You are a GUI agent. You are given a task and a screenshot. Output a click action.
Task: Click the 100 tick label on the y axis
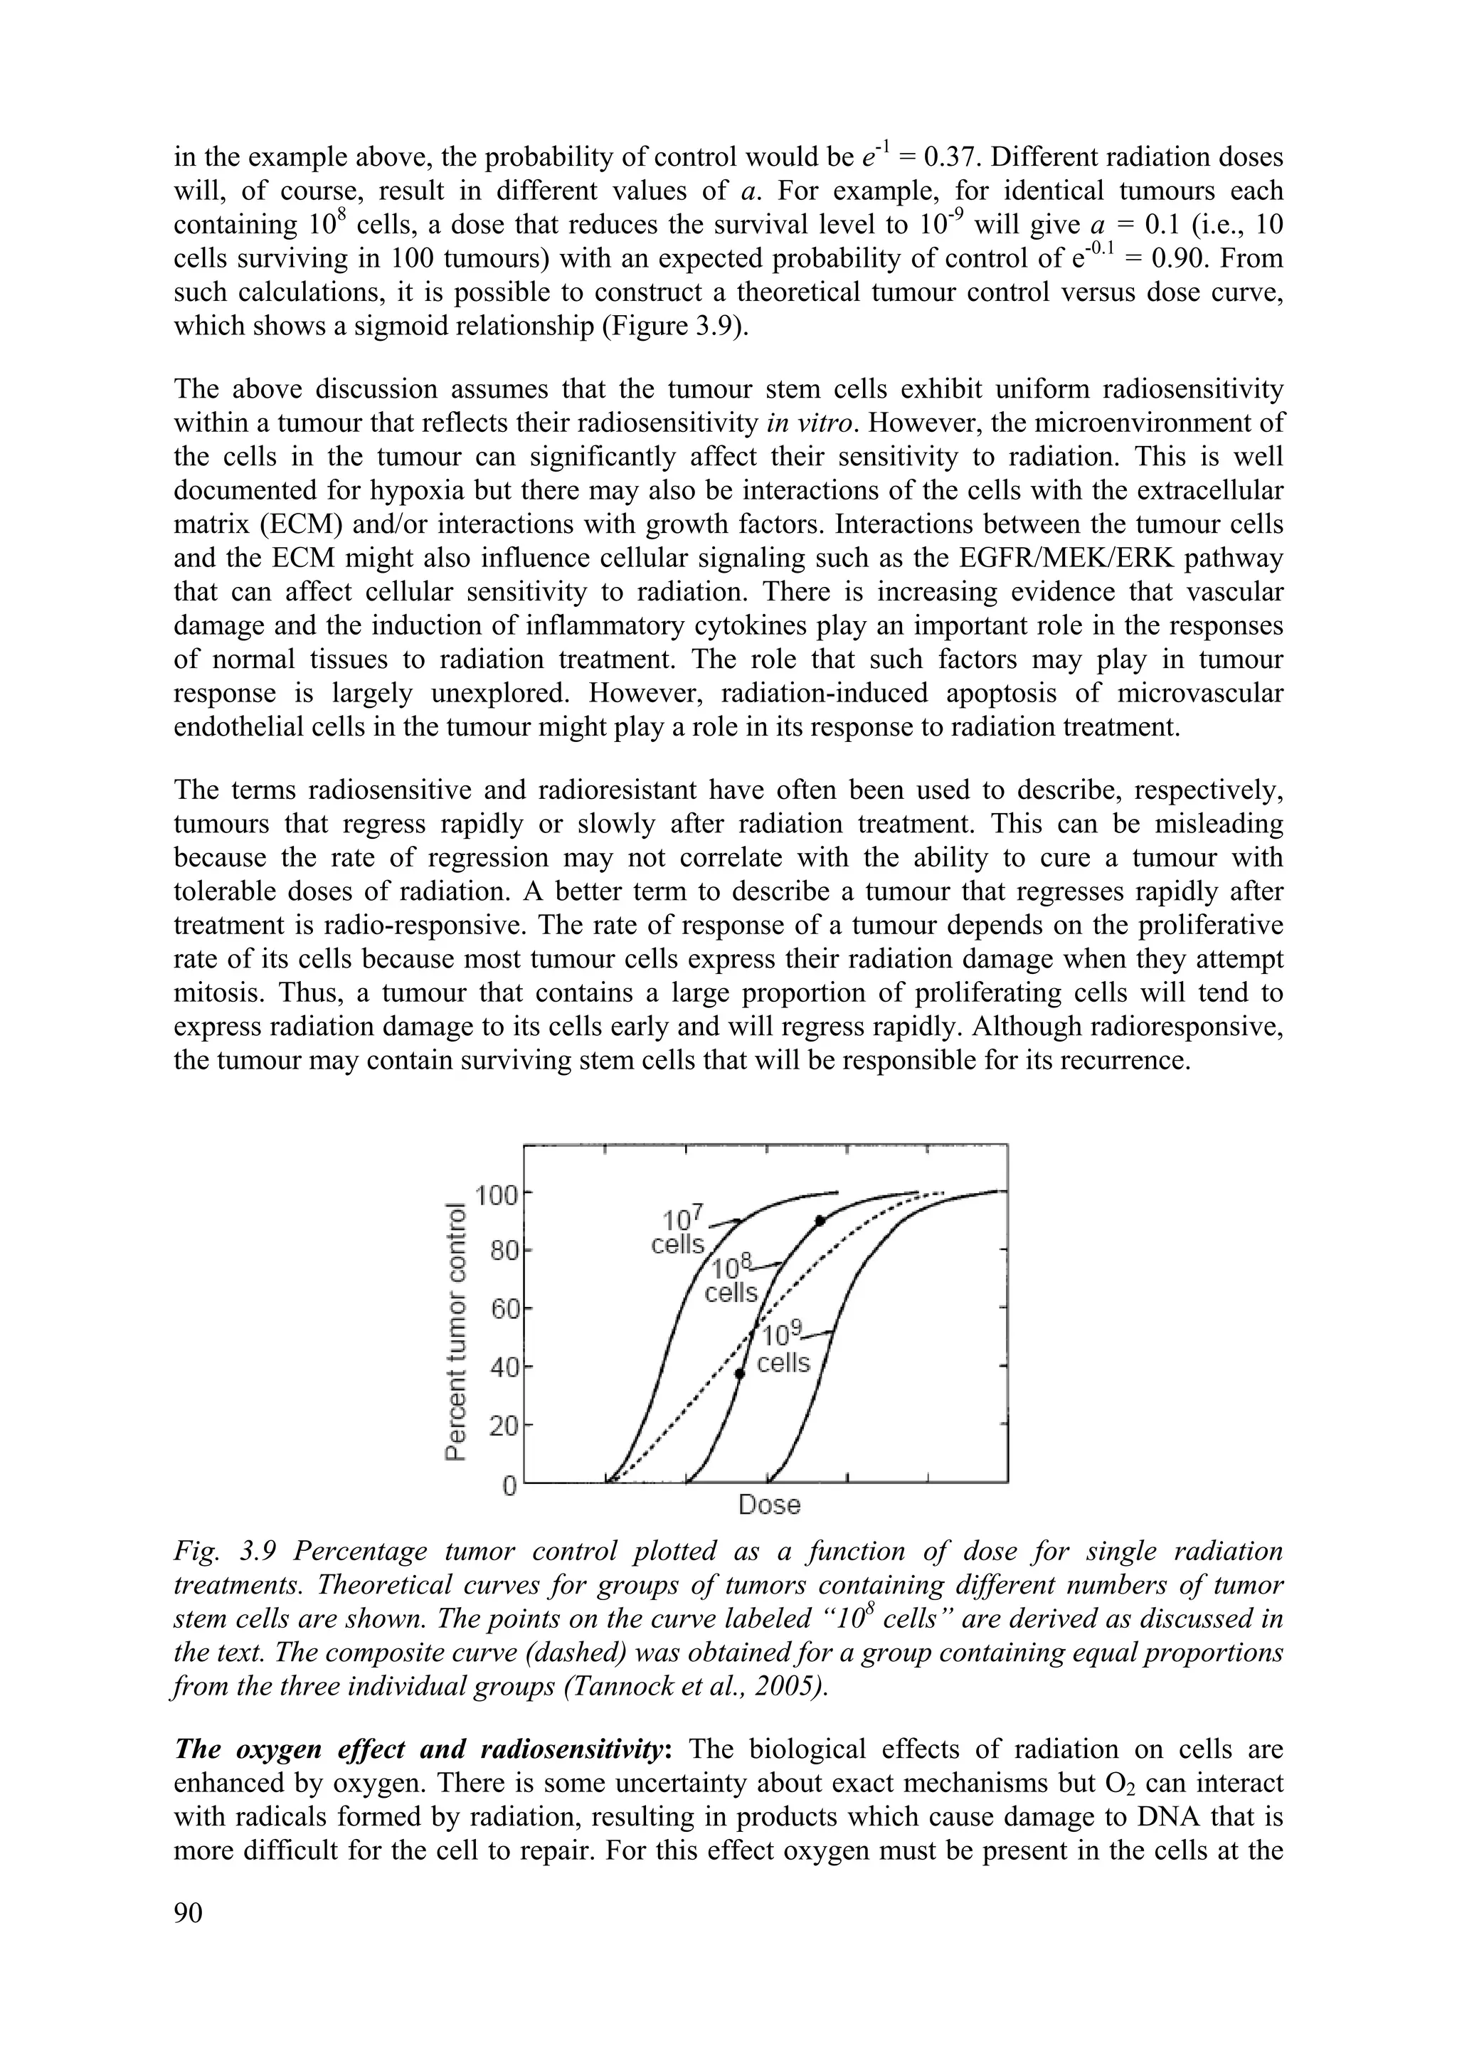pos(497,1196)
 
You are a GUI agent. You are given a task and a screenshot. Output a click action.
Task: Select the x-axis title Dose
pos(768,1505)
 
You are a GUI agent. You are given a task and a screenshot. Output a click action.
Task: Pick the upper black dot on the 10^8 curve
pos(820,1221)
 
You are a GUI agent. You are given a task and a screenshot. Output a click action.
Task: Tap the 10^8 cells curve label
pos(731,1280)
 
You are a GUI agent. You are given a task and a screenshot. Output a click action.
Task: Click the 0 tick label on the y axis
pos(509,1486)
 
